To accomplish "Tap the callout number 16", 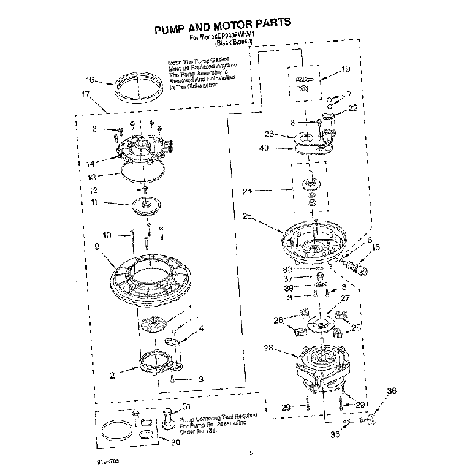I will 90,80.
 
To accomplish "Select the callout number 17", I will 85,94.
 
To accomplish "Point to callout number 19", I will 346,69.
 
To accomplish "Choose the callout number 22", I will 353,108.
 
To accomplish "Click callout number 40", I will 264,148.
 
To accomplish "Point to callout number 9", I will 97,246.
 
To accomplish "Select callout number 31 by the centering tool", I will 186,407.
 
